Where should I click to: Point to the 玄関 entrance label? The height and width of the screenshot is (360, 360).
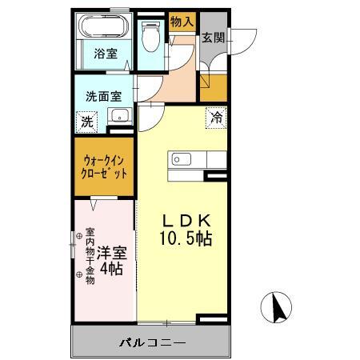(212, 38)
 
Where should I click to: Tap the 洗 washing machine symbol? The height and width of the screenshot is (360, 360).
(85, 122)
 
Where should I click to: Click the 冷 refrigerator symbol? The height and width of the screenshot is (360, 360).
(216, 117)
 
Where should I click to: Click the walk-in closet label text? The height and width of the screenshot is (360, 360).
(103, 166)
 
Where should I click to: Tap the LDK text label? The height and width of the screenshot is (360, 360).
(188, 219)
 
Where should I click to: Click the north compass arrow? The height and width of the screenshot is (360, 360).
(279, 307)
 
